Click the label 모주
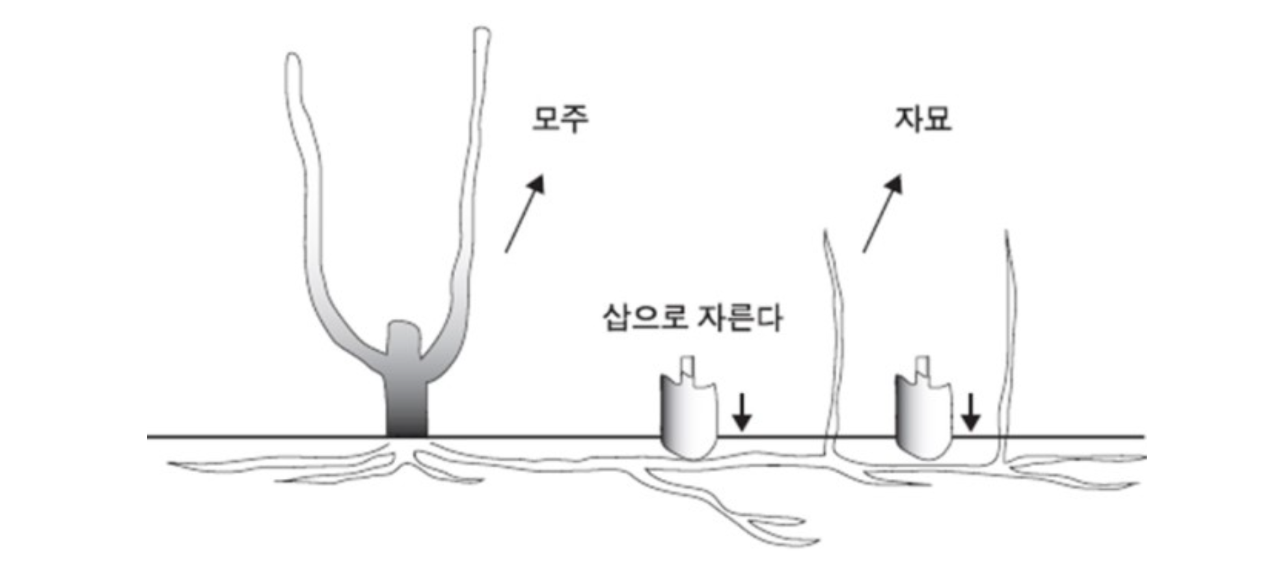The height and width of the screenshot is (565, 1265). (560, 119)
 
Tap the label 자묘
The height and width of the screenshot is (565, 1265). (923, 119)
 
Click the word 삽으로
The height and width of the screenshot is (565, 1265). (643, 318)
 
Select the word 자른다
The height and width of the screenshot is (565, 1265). (738, 318)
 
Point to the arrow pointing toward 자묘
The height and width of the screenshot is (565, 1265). (882, 213)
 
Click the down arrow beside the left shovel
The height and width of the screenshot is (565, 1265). (742, 412)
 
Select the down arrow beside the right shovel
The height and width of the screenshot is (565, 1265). (970, 412)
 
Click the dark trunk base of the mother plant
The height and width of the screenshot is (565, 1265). (407, 410)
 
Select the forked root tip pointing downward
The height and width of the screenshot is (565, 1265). (813, 542)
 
